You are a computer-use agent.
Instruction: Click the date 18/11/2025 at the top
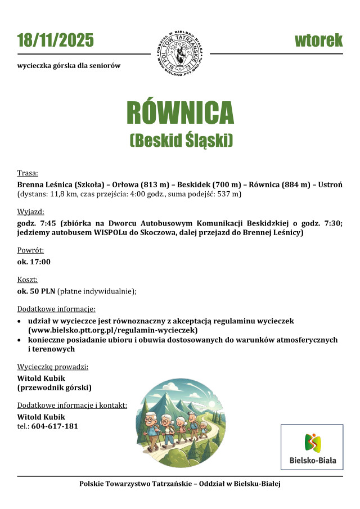tap(55, 40)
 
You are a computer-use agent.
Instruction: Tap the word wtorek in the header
tap(318, 40)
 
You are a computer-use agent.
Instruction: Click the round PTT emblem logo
tap(179, 54)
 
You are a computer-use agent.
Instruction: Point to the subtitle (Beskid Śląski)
tap(180, 140)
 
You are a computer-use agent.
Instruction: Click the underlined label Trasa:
tap(28, 173)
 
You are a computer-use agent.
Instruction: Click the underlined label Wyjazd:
tap(30, 211)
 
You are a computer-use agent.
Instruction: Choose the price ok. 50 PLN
tap(36, 291)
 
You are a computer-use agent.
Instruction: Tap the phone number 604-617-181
tap(55, 426)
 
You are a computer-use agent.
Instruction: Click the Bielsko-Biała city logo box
tap(312, 447)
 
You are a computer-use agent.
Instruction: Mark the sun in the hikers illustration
tap(210, 403)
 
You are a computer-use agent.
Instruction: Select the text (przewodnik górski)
tap(54, 388)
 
